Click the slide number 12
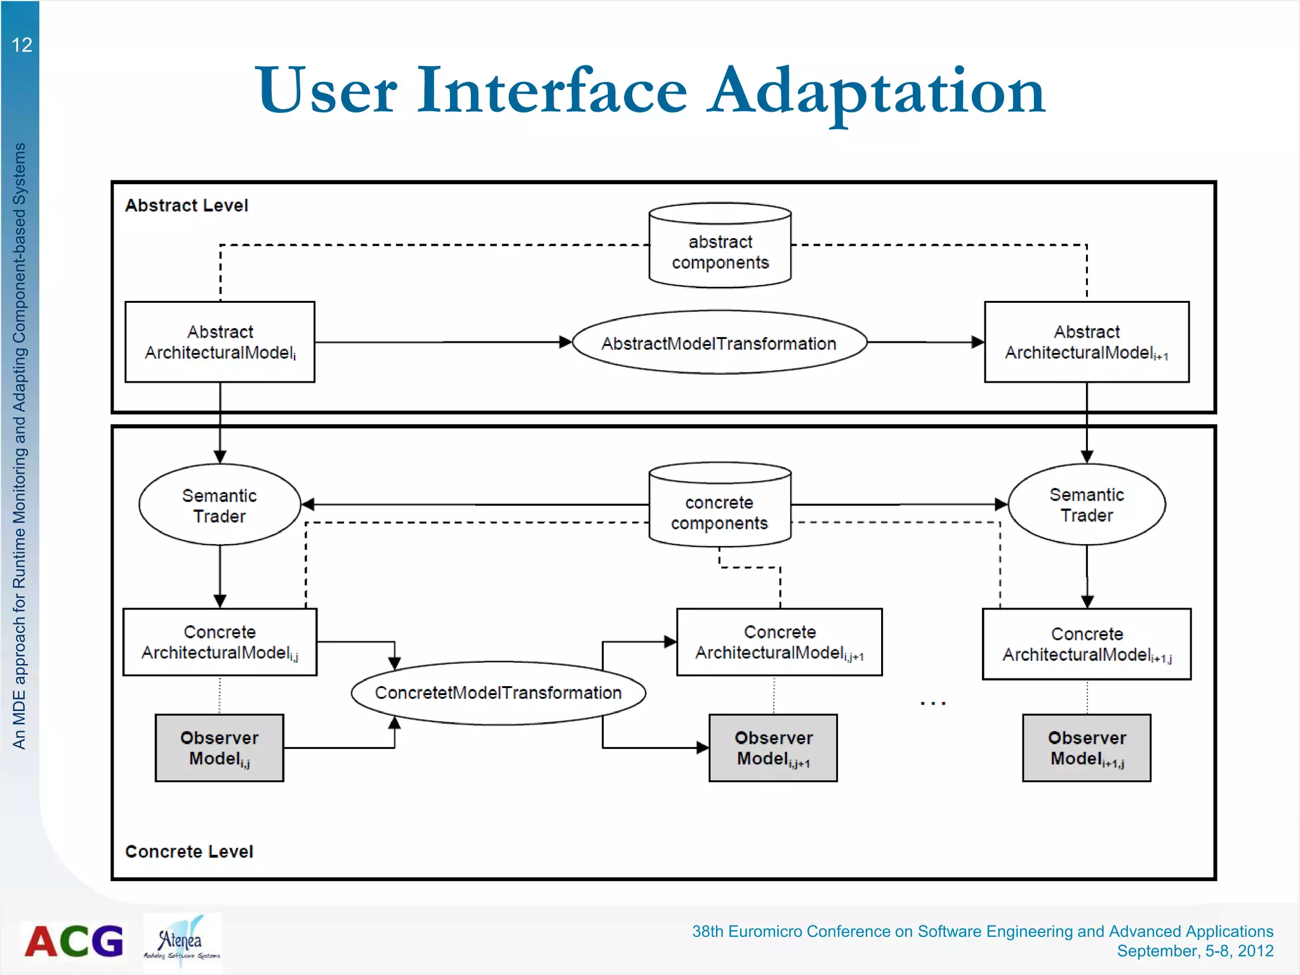point(22,45)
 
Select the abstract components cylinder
point(720,248)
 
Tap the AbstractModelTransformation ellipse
point(719,343)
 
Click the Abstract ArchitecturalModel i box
point(220,342)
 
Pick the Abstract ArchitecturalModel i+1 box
point(1086,342)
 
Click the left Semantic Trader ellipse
point(220,505)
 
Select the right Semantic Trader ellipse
point(1086,505)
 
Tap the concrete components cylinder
point(720,508)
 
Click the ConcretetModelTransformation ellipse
point(498,693)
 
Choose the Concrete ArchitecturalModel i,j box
point(220,642)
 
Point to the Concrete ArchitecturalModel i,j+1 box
point(779,642)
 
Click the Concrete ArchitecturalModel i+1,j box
point(1086,644)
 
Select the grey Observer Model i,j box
point(220,748)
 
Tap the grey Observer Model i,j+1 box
point(773,748)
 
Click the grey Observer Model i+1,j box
point(1086,748)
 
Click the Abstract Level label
point(186,206)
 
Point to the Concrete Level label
point(189,852)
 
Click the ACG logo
point(74,941)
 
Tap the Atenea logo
point(182,941)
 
